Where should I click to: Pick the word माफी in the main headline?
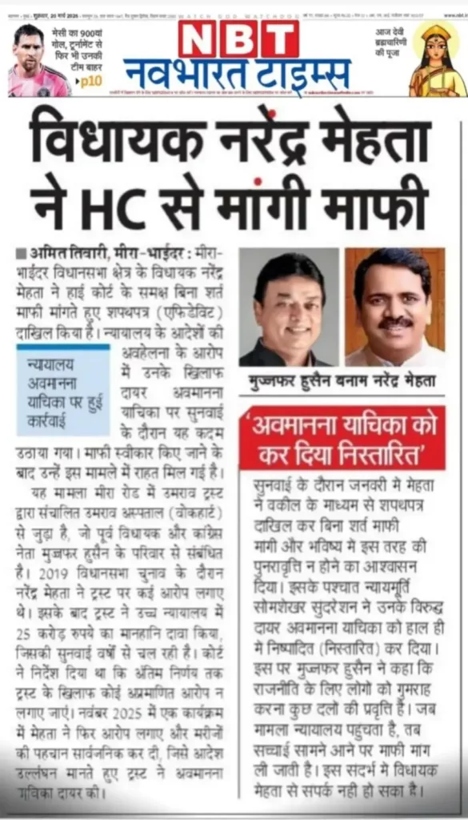[382, 206]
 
